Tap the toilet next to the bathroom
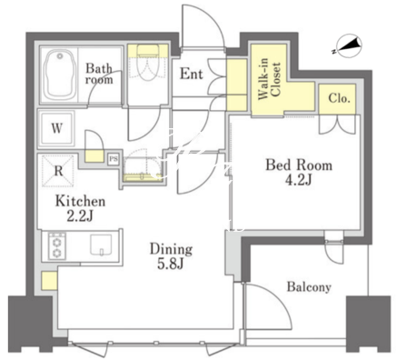pos(147,63)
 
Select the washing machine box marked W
pos(57,129)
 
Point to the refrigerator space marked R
pos(57,171)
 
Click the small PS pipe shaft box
pos(114,159)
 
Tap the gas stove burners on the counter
pos(57,246)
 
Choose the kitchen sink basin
pos(101,245)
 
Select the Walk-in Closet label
pos(269,79)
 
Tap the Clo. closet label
pos(340,98)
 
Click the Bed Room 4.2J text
pos(299,172)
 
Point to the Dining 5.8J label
pos(171,256)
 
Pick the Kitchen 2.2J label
pos(80,208)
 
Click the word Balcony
pos(309,286)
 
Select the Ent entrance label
pos(192,74)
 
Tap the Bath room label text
pos(99,74)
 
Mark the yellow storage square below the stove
pos(49,281)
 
